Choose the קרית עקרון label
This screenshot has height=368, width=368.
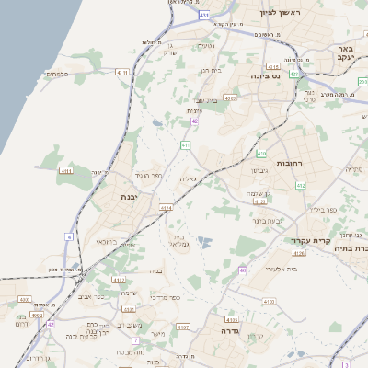pyautogui.click(x=309, y=246)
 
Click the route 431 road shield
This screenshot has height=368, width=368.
pyautogui.click(x=203, y=16)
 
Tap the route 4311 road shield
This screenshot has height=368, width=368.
pyautogui.click(x=66, y=171)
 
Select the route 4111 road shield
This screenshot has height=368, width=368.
pyautogui.click(x=122, y=71)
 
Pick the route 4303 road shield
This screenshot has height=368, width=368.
pyautogui.click(x=230, y=97)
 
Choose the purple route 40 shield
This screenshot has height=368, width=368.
pyautogui.click(x=243, y=270)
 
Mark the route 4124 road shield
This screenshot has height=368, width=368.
pyautogui.click(x=166, y=209)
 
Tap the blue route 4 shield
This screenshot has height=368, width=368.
pyautogui.click(x=68, y=236)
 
